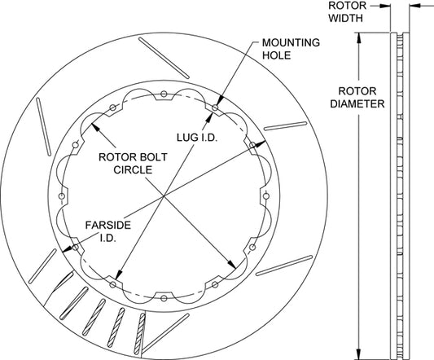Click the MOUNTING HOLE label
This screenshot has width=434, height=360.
pyautogui.click(x=291, y=49)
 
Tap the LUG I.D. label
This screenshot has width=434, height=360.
pyautogui.click(x=197, y=138)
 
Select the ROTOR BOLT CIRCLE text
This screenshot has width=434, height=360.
pyautogui.click(x=133, y=164)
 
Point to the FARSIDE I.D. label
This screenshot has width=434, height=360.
pyautogui.click(x=108, y=231)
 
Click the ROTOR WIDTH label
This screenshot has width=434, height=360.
pyautogui.click(x=348, y=12)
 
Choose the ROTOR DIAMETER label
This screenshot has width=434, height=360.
pyautogui.click(x=357, y=98)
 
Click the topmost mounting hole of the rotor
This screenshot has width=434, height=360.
pyautogui.click(x=164, y=94)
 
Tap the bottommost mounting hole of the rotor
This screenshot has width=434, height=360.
pyautogui.click(x=164, y=298)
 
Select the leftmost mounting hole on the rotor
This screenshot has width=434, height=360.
pyautogui.click(x=62, y=196)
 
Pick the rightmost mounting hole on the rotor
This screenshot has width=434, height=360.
pyautogui.click(x=266, y=196)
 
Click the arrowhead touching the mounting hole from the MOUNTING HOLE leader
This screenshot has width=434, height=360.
pyautogui.click(x=221, y=101)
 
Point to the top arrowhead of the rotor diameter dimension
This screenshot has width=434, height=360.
pyautogui.click(x=359, y=37)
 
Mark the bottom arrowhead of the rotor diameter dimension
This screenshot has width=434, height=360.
pyautogui.click(x=359, y=355)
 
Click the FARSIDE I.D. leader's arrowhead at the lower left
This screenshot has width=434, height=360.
pyautogui.click(x=67, y=250)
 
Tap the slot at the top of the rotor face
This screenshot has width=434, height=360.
pyautogui.click(x=164, y=58)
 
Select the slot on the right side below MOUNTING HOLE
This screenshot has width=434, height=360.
pyautogui.click(x=285, y=125)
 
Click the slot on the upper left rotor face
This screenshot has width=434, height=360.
pyautogui.click(x=43, y=127)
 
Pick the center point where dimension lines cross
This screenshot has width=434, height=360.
pyautogui.click(x=164, y=196)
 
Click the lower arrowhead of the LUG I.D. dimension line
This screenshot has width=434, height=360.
pyautogui.click(x=118, y=274)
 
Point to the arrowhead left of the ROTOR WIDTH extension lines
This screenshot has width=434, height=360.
pyautogui.click(x=385, y=6)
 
